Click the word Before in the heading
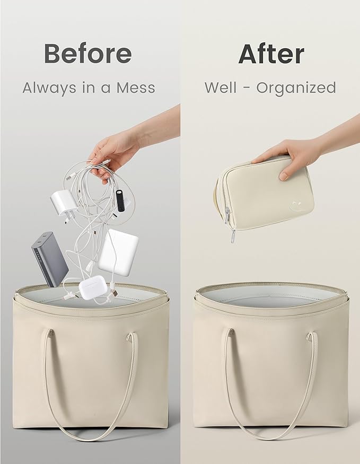[88, 53]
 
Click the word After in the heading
[271, 54]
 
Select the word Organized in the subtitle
[296, 88]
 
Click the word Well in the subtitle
[221, 87]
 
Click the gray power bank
[50, 259]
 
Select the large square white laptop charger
[118, 252]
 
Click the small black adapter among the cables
[120, 200]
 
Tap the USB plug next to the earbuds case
[113, 293]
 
